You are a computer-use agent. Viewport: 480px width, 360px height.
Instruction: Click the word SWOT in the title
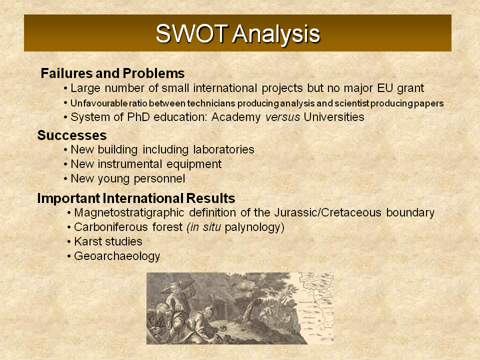(191, 33)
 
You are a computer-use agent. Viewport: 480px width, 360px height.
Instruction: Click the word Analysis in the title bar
(276, 34)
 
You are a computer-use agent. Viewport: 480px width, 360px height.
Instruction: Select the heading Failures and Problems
(112, 73)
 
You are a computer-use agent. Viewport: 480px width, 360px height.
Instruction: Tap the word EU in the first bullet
(385, 88)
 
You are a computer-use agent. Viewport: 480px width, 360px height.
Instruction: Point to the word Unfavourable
(98, 103)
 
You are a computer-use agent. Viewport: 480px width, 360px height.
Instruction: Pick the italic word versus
(282, 117)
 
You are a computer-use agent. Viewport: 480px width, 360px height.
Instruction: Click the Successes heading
(72, 135)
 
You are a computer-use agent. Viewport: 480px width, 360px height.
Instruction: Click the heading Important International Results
(136, 198)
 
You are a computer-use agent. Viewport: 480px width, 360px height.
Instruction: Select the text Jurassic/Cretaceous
(328, 212)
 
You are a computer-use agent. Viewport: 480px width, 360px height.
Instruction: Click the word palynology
(254, 227)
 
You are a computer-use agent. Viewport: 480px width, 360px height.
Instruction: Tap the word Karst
(86, 241)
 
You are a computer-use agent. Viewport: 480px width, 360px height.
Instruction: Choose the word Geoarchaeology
(117, 256)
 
